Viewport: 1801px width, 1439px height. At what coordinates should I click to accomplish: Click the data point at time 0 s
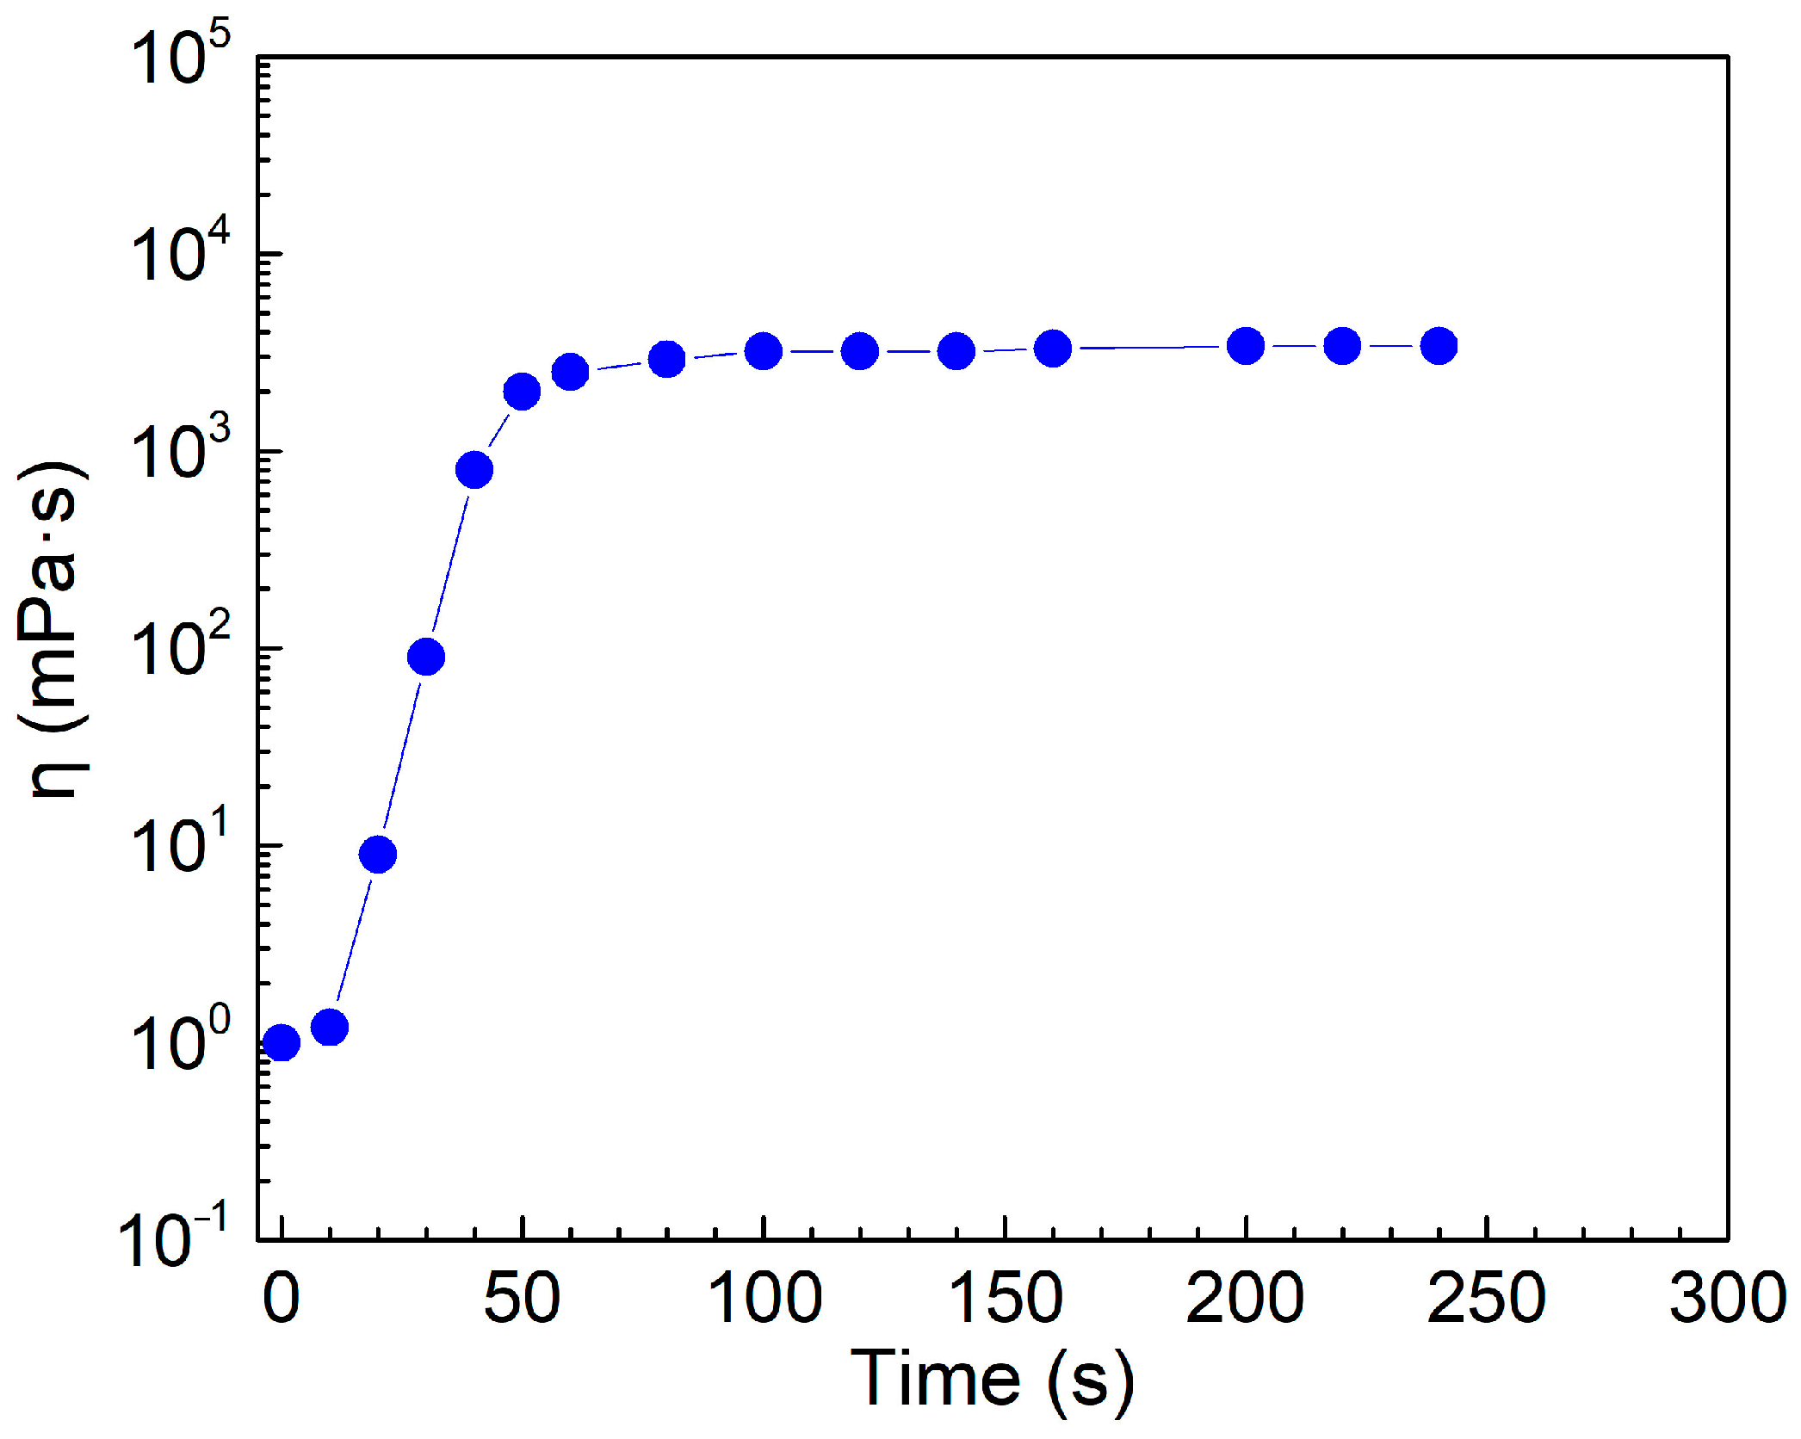pyautogui.click(x=282, y=1042)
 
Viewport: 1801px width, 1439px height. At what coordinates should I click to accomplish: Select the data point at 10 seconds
pyautogui.click(x=330, y=1027)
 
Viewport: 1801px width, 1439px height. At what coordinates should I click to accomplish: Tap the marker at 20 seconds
pyautogui.click(x=378, y=854)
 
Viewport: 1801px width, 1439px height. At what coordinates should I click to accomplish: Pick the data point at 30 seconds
pyautogui.click(x=426, y=657)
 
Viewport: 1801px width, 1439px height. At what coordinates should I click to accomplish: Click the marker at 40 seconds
pyautogui.click(x=474, y=470)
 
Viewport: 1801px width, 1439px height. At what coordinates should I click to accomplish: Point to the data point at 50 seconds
pyautogui.click(x=522, y=392)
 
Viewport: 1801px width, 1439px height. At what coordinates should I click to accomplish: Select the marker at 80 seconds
pyautogui.click(x=667, y=359)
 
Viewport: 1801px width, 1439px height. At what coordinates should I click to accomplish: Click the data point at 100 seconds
pyautogui.click(x=764, y=351)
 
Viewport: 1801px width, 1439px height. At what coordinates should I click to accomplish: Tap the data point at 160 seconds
pyautogui.click(x=1053, y=349)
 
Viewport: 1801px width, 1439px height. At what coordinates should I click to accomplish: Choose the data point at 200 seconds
pyautogui.click(x=1246, y=346)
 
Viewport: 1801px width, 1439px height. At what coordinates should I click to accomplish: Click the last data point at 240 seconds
pyautogui.click(x=1439, y=346)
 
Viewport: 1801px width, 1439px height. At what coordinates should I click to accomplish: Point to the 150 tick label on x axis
pyautogui.click(x=1005, y=1298)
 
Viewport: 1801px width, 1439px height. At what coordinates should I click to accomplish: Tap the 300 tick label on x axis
pyautogui.click(x=1727, y=1298)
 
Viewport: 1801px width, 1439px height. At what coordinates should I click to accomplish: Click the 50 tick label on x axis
pyautogui.click(x=522, y=1298)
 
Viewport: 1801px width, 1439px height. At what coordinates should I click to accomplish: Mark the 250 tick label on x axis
pyautogui.click(x=1487, y=1298)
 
